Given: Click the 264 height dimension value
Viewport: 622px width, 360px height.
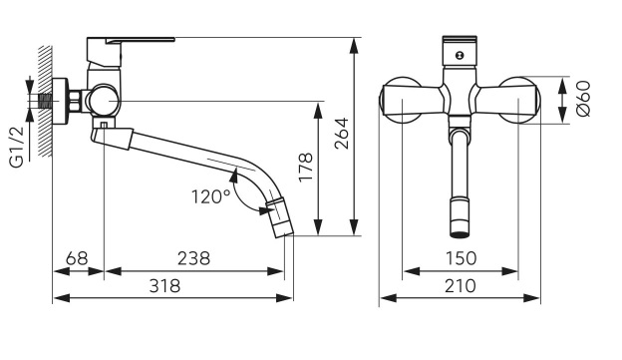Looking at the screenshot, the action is (x=342, y=134).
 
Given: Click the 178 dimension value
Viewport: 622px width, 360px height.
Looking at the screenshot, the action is (x=306, y=168).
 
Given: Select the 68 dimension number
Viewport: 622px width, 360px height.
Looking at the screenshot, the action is (x=77, y=259).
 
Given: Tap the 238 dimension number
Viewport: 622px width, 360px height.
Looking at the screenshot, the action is (x=193, y=259).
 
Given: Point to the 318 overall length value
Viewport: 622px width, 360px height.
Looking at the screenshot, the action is (x=164, y=286).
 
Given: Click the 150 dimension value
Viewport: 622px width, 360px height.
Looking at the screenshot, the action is (x=461, y=259).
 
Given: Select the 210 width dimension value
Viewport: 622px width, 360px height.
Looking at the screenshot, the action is (x=461, y=286).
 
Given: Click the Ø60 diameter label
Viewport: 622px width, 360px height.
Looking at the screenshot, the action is (x=584, y=100).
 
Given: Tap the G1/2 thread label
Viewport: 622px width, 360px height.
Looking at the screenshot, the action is (x=17, y=146).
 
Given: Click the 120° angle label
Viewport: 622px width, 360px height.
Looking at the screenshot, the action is (x=211, y=196).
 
